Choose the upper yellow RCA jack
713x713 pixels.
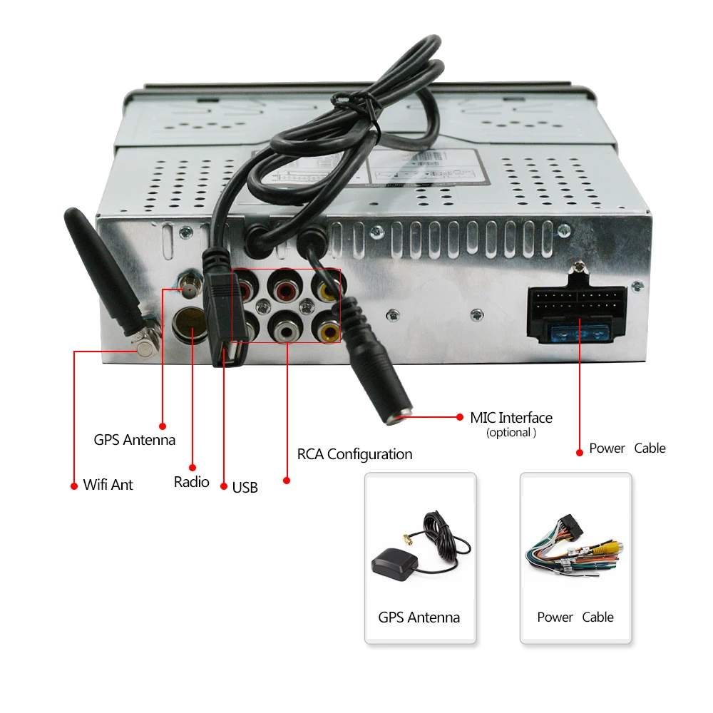(x=328, y=289)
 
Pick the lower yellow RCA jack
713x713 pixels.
(x=329, y=330)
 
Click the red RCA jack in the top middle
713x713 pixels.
(x=286, y=289)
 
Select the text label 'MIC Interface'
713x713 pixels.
(x=511, y=418)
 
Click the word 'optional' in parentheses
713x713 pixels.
(x=511, y=433)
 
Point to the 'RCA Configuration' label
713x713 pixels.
(x=354, y=454)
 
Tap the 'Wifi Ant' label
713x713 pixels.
(x=108, y=485)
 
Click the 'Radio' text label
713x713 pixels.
(x=192, y=482)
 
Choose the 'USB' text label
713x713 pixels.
(x=245, y=488)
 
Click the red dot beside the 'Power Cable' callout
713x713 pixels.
(x=578, y=451)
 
